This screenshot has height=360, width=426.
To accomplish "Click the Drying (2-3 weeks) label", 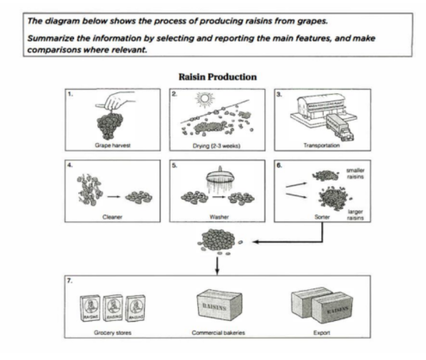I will click(x=216, y=143).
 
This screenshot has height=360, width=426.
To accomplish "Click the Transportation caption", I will click(x=319, y=143).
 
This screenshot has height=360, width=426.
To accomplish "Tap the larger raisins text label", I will click(x=356, y=215).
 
